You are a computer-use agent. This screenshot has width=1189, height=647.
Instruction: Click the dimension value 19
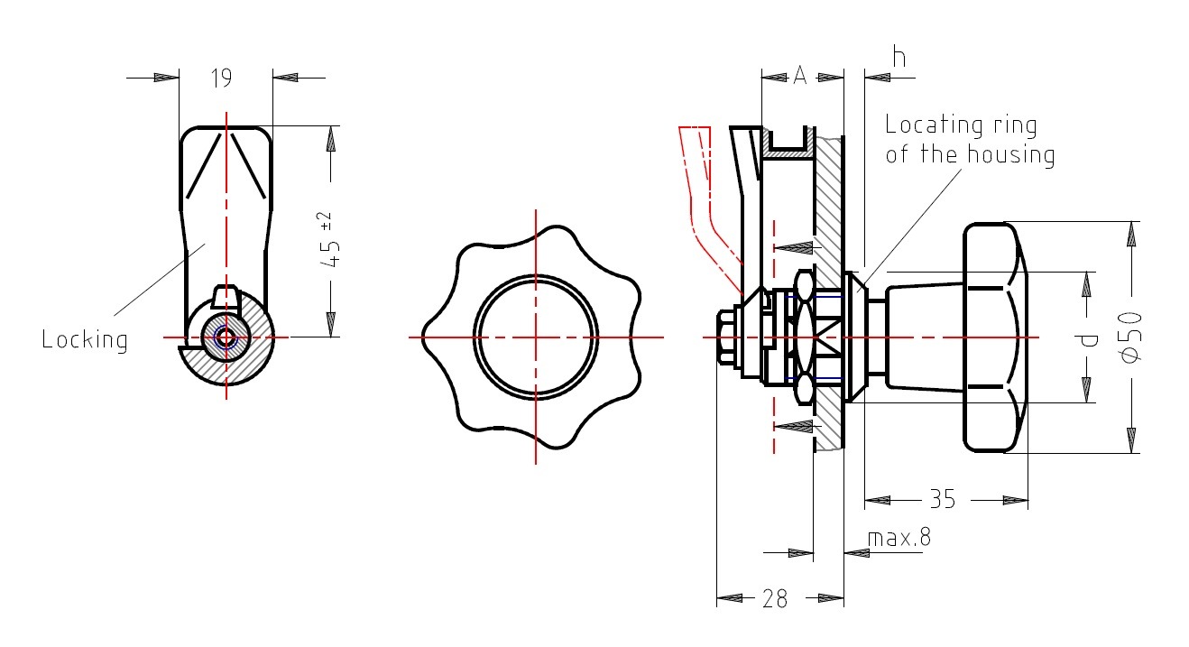(x=222, y=79)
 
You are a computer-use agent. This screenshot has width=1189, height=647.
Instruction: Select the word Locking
(x=85, y=339)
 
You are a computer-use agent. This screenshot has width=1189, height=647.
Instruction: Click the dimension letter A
(x=800, y=76)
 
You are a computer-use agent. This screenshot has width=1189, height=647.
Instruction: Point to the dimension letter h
(x=899, y=57)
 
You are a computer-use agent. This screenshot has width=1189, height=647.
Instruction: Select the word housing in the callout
(x=1010, y=155)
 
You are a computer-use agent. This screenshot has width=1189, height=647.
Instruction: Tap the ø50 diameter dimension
(x=1130, y=337)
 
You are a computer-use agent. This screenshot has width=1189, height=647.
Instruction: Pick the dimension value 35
(x=942, y=499)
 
